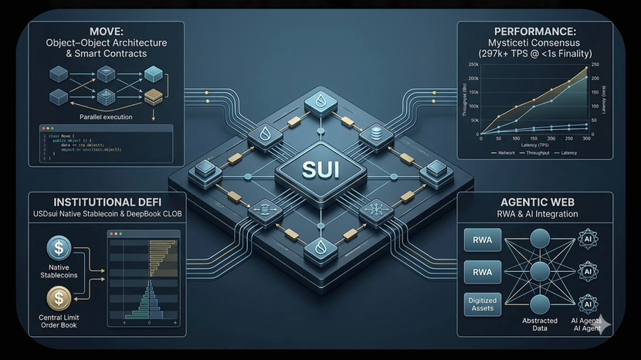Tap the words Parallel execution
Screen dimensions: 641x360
[106, 117]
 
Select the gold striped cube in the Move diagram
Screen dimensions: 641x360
[154, 98]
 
